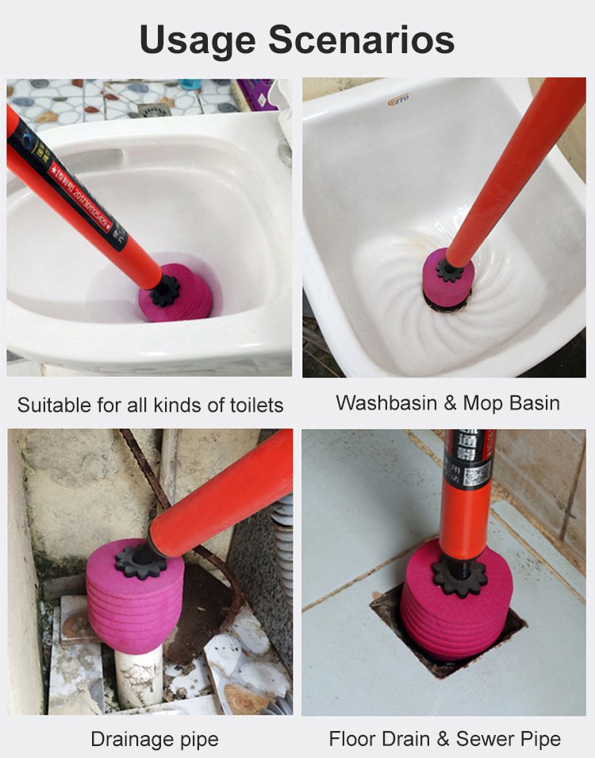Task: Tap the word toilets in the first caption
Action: pos(252,405)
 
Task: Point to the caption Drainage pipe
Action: pos(154,739)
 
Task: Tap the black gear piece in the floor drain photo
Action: pos(459,577)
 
